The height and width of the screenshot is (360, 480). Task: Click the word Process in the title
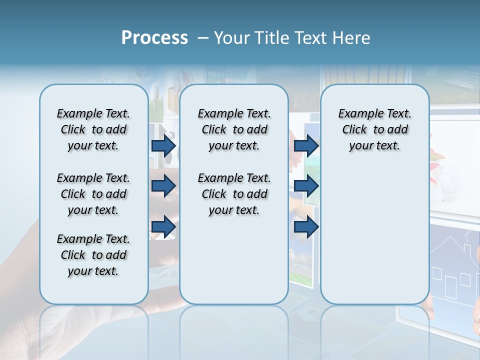pyautogui.click(x=154, y=38)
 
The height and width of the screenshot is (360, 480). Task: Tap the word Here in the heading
pyautogui.click(x=351, y=38)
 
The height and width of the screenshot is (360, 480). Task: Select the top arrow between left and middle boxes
pyautogui.click(x=163, y=145)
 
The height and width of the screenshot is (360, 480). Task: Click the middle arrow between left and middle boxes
pyautogui.click(x=163, y=186)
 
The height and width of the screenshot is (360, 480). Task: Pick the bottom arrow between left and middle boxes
pyautogui.click(x=163, y=226)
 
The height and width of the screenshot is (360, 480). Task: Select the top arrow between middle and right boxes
pyautogui.click(x=306, y=145)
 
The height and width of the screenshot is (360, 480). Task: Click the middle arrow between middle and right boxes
pyautogui.click(x=306, y=186)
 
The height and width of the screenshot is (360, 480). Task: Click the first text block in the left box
pyautogui.click(x=93, y=129)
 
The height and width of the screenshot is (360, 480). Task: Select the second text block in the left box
pyautogui.click(x=93, y=194)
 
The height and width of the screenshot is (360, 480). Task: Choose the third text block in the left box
pyautogui.click(x=93, y=255)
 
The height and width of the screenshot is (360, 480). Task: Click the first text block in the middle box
pyautogui.click(x=234, y=129)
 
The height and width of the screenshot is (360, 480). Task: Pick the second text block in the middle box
pyautogui.click(x=234, y=194)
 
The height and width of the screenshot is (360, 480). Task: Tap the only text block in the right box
pyautogui.click(x=374, y=129)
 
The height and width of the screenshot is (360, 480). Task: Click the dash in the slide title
pyautogui.click(x=203, y=38)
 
